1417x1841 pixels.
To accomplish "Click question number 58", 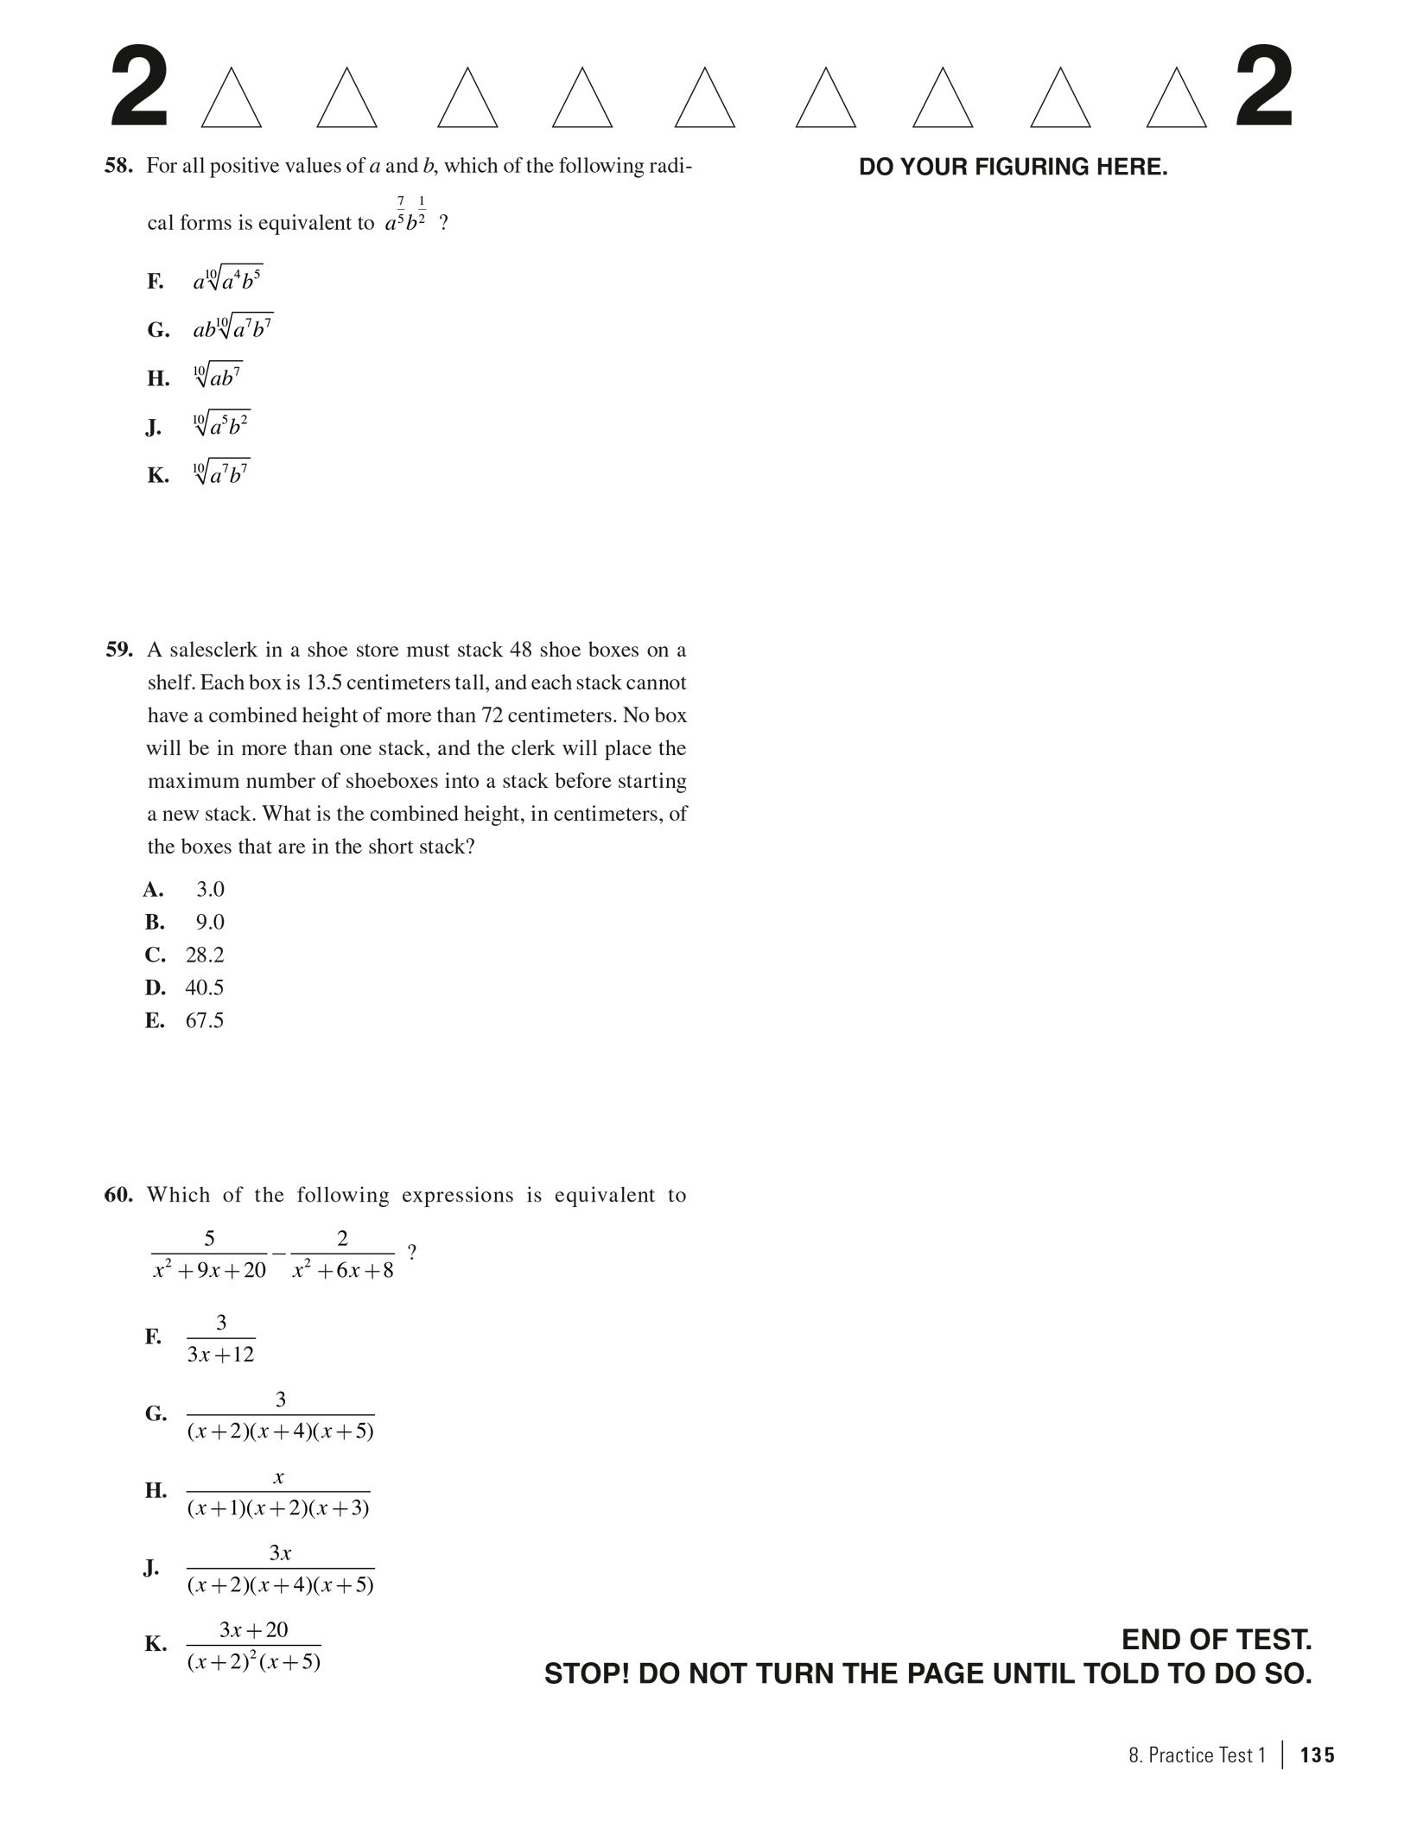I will tap(118, 166).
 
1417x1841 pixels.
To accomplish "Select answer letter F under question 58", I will tap(155, 282).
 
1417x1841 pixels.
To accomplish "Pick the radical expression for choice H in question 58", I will tap(218, 377).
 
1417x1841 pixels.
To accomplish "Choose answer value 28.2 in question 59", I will tap(205, 955).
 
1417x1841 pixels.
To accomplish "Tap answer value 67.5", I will tap(205, 1020).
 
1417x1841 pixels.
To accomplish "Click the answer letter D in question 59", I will tap(155, 987).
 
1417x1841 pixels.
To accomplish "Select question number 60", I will tap(118, 1196).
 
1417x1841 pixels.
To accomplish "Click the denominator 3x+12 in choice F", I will tap(221, 1355).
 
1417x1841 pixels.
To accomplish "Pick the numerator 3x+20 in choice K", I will tap(253, 1630).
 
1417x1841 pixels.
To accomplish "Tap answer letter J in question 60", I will tap(152, 1568).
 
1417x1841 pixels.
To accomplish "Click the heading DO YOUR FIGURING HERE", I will tap(1013, 168).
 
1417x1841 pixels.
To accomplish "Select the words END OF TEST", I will tap(1216, 1640).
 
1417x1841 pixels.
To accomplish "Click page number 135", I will tap(1317, 1755).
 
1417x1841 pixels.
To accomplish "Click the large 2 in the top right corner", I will tap(1264, 89).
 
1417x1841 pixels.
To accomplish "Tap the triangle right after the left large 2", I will tap(231, 100).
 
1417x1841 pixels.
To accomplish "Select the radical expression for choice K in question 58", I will tap(221, 473).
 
